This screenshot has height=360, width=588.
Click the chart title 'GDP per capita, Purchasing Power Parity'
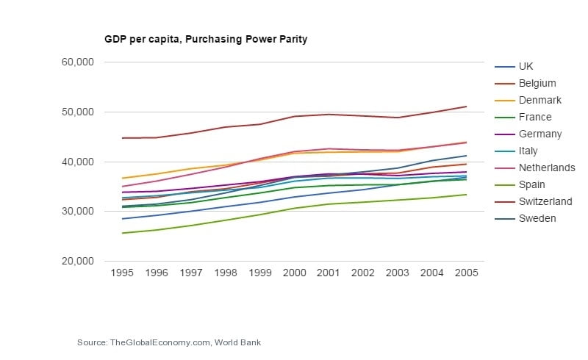coord(205,39)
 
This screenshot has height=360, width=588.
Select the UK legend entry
coord(526,66)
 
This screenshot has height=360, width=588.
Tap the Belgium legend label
coord(537,83)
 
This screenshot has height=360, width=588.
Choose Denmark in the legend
coord(539,100)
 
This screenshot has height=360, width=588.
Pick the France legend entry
coord(534,117)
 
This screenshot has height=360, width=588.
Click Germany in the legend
coord(539,134)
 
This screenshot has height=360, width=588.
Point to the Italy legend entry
coord(528,151)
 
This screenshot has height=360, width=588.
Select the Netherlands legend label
coord(547,168)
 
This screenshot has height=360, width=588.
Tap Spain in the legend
coord(531,184)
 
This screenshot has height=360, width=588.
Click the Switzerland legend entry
coord(545,201)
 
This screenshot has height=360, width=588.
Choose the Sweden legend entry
coord(537,218)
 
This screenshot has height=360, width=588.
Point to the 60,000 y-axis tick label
coord(76,62)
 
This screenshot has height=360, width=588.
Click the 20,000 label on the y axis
coord(76,261)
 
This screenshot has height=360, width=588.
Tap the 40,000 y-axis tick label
coord(76,162)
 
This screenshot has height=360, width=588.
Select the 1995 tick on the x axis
coord(122,273)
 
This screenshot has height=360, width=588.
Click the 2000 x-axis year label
coord(294,273)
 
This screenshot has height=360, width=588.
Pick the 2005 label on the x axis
coord(466,273)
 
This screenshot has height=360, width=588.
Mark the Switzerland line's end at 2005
coord(467,107)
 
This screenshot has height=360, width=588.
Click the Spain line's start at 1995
coord(122,233)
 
